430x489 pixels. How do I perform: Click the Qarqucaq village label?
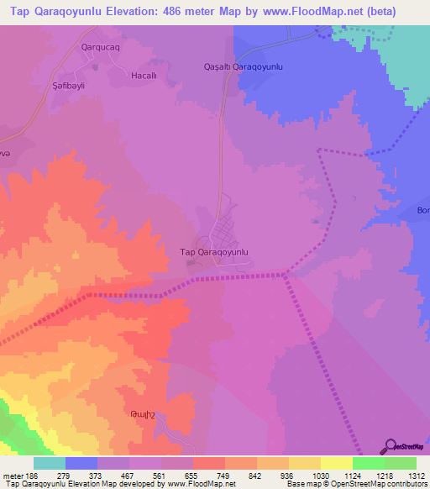pos(101,48)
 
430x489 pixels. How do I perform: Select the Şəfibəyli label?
pos(69,86)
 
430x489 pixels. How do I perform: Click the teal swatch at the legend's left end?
pos(50,463)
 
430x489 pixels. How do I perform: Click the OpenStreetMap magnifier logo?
pos(391,446)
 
